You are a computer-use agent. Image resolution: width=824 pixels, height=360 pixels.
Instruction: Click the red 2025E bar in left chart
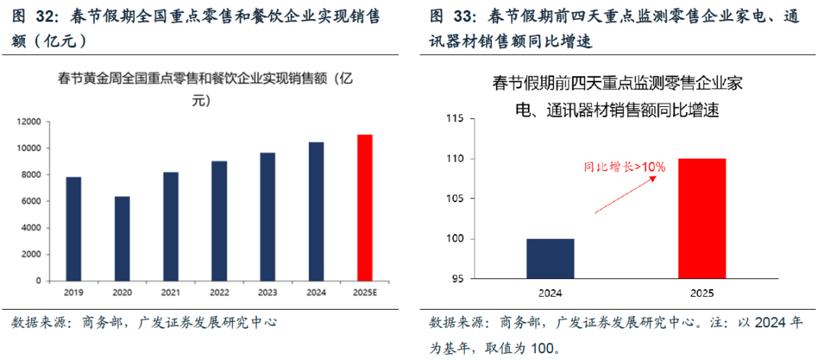(x=365, y=207)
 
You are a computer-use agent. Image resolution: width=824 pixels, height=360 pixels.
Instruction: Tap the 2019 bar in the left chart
(x=73, y=229)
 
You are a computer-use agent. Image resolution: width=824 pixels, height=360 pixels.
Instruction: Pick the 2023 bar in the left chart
(x=268, y=217)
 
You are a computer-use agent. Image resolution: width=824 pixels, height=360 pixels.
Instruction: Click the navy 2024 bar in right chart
(x=549, y=259)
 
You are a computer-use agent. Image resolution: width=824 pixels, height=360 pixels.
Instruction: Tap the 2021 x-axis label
(x=170, y=292)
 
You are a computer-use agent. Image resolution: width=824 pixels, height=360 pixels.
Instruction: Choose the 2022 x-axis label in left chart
(x=219, y=292)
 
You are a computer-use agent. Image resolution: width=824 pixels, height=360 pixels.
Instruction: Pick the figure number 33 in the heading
(x=460, y=16)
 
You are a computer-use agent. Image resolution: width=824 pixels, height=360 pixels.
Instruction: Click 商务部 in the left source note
(x=101, y=323)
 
